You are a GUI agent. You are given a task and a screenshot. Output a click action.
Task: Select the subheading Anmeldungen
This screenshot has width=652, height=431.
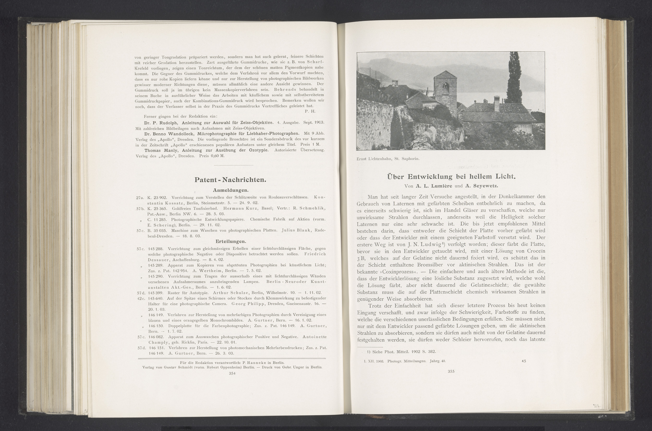(x=231, y=190)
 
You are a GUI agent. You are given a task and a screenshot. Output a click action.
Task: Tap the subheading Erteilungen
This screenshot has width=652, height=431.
(x=230, y=241)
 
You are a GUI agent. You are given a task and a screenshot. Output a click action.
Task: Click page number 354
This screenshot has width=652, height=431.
(x=232, y=373)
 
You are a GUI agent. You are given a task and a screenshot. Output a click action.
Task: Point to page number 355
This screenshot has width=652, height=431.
(x=451, y=371)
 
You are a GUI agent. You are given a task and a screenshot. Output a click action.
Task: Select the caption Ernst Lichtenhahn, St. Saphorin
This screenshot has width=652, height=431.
(x=388, y=159)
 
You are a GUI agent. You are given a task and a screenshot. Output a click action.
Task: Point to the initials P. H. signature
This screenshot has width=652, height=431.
(x=310, y=111)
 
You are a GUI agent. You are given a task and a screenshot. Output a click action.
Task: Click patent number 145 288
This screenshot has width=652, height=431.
(x=156, y=248)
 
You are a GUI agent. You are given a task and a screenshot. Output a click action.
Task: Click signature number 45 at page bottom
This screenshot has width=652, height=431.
(x=523, y=361)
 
